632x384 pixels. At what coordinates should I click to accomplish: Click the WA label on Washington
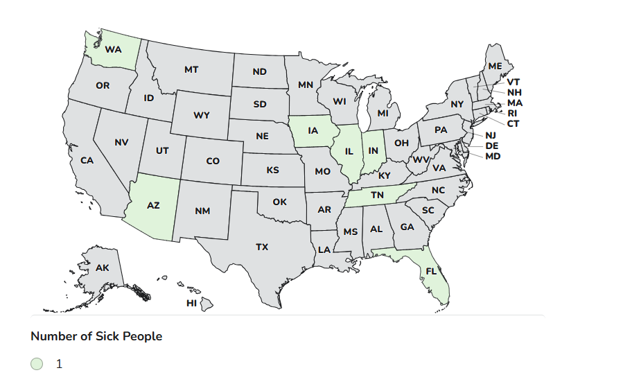click(x=113, y=50)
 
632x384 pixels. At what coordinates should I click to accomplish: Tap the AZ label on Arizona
click(x=153, y=206)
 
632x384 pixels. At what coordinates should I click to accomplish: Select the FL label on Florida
click(x=430, y=272)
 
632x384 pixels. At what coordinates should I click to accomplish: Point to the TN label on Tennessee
click(x=377, y=195)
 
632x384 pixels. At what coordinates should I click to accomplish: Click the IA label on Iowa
click(x=313, y=130)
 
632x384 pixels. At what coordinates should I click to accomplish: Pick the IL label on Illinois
click(x=349, y=151)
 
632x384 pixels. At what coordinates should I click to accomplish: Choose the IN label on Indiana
click(x=374, y=151)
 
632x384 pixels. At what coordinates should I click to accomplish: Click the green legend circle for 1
click(x=37, y=364)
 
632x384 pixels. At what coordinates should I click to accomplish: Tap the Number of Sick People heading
click(x=96, y=336)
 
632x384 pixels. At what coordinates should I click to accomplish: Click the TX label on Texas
click(x=262, y=247)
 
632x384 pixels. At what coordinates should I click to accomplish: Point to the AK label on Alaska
click(x=103, y=268)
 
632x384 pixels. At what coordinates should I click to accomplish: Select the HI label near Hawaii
click(x=191, y=304)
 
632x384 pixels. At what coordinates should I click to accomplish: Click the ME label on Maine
click(x=495, y=67)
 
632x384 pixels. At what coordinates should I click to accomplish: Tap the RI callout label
click(x=512, y=113)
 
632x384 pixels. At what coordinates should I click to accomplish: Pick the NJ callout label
click(x=491, y=136)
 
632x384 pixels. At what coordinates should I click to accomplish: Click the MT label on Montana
click(x=191, y=70)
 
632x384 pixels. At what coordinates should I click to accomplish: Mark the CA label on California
click(x=87, y=161)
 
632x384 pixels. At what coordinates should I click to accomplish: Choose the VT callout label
click(x=513, y=82)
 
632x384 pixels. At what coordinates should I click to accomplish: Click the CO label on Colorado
click(x=213, y=162)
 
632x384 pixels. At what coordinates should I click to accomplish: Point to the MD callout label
click(x=493, y=157)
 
